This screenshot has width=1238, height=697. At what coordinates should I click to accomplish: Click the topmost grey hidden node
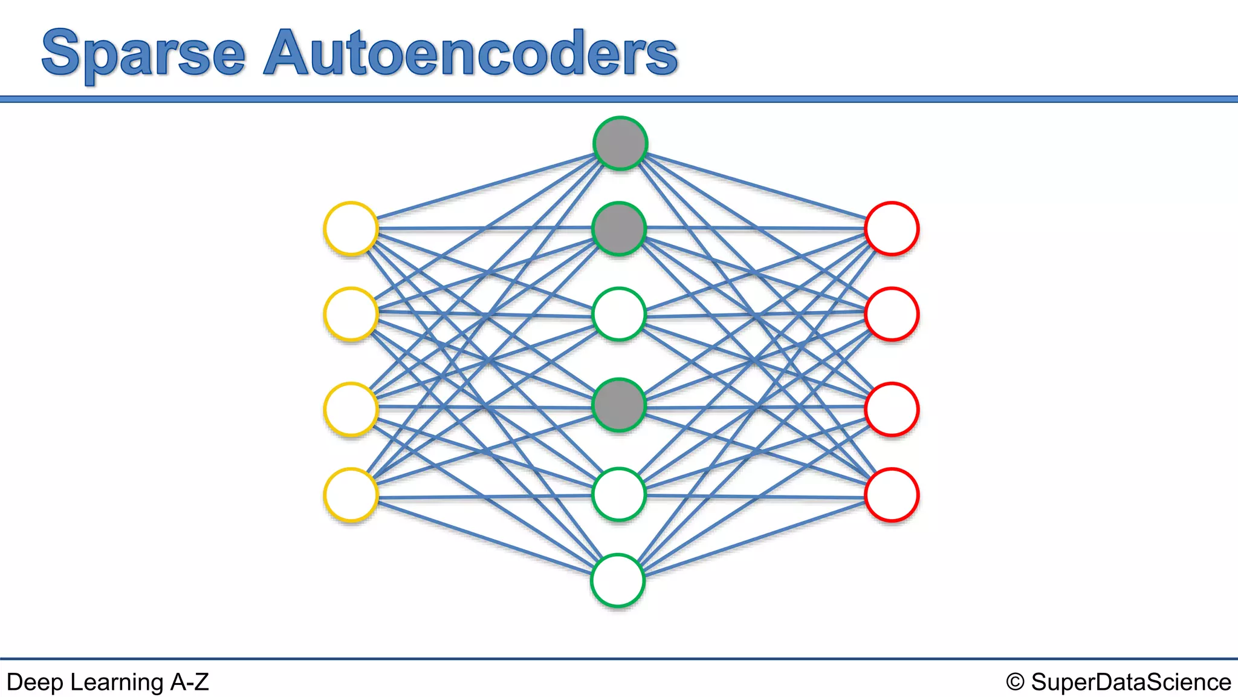620,143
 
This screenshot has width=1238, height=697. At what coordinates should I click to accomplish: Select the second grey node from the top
619,229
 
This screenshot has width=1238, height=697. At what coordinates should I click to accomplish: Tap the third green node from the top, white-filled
619,314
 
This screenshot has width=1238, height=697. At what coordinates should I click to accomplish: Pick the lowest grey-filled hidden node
619,405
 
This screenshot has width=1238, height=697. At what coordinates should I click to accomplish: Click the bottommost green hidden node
618,580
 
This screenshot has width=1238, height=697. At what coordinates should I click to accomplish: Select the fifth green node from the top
618,494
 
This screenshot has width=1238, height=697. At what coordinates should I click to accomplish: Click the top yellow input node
351,229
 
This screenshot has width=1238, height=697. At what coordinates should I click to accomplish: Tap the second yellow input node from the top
351,314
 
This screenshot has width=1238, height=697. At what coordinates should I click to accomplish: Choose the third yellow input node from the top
351,409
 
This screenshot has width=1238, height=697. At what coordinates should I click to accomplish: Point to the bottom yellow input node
351,495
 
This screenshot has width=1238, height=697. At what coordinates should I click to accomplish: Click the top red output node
892,229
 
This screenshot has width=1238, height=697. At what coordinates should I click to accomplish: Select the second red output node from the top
892,314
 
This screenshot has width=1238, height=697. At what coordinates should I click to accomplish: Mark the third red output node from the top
892,409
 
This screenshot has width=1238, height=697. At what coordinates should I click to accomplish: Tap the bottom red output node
892,495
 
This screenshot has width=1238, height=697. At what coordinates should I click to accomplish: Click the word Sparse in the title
144,54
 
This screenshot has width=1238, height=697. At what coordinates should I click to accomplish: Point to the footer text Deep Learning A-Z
108,682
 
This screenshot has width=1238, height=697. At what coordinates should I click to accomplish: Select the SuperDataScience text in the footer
1130,682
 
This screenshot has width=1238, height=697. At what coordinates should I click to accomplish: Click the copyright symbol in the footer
1015,682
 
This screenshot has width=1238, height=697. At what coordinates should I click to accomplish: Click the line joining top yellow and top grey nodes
484,186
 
